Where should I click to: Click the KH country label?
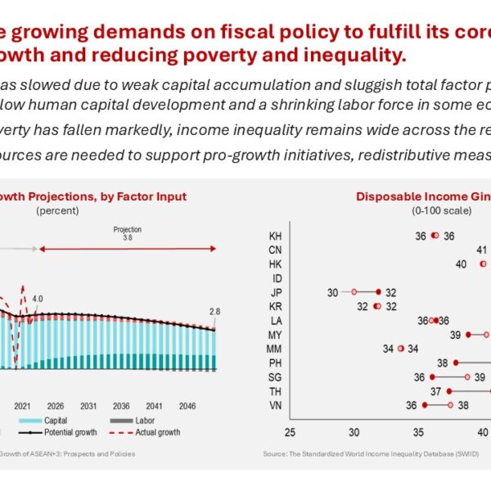276,236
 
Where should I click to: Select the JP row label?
276,291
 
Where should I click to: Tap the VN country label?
276,404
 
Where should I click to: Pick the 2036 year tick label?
121,406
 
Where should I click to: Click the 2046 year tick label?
186,406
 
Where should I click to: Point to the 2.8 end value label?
214,312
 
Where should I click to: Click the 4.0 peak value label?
38,299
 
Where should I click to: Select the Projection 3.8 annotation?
127,234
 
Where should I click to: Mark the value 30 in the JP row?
332,292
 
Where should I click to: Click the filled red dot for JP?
378,291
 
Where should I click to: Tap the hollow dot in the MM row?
400,348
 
